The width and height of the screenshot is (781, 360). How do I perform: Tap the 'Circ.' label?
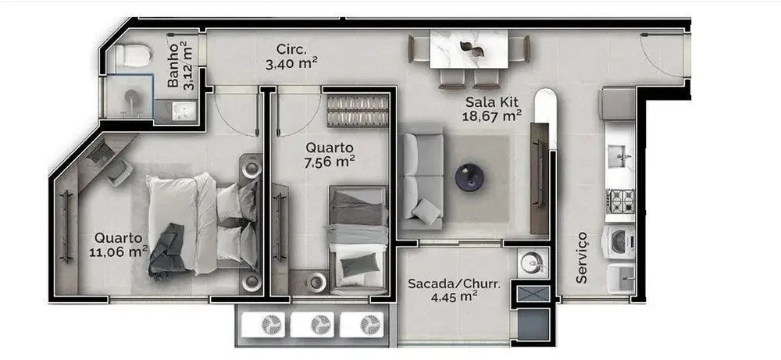pyautogui.click(x=292, y=49)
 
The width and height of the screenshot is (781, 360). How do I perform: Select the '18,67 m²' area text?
pyautogui.click(x=493, y=116)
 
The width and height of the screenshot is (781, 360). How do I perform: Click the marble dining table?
pyautogui.click(x=469, y=48)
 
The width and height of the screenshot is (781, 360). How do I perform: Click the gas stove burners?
pyautogui.click(x=620, y=200)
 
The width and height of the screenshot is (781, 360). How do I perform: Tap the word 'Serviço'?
pyautogui.click(x=581, y=258)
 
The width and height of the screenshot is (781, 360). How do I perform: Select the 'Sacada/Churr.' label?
pyautogui.click(x=454, y=283)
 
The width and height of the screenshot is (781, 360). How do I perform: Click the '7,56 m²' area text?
pyautogui.click(x=330, y=162)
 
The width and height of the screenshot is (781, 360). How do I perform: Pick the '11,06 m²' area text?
pyautogui.click(x=119, y=252)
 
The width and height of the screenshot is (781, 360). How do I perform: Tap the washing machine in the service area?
pyautogui.click(x=619, y=242)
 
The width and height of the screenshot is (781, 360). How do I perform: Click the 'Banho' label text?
pyautogui.click(x=173, y=66)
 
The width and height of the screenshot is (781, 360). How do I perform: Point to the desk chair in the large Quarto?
pyautogui.click(x=119, y=173)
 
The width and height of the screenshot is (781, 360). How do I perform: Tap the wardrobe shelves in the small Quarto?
pyautogui.click(x=358, y=110)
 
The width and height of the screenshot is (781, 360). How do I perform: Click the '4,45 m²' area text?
pyautogui.click(x=454, y=298)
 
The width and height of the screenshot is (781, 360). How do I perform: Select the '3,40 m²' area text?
pyautogui.click(x=292, y=63)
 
